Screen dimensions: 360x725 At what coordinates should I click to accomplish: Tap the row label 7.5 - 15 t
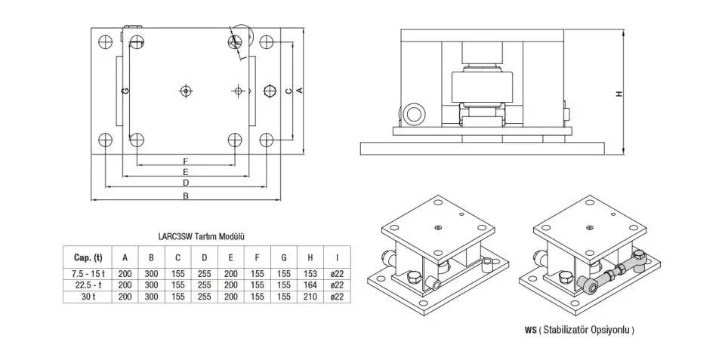point(88,272)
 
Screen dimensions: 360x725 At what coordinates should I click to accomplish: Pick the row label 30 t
point(88,297)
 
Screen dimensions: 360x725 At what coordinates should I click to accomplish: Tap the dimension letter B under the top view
point(186,196)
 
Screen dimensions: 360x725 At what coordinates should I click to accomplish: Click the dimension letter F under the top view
point(186,162)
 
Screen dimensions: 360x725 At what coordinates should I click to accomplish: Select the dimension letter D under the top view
point(186,183)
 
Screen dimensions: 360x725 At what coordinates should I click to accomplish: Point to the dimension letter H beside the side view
point(619,94)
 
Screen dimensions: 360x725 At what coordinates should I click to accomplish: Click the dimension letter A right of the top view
point(300,91)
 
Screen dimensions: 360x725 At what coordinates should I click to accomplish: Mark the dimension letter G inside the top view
point(125,91)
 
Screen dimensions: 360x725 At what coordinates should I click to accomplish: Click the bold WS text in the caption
point(530,331)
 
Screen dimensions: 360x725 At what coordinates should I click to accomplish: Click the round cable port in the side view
point(413,113)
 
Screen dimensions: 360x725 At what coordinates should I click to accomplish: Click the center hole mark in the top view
point(186,91)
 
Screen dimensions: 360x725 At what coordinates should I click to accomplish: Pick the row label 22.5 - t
point(88,285)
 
